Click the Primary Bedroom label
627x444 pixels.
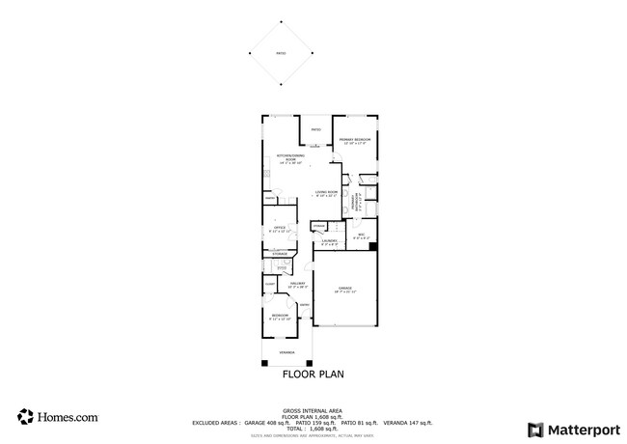click(x=354, y=141)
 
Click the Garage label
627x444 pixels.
click(x=344, y=290)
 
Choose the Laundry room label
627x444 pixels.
click(x=329, y=241)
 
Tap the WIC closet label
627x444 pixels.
click(x=361, y=236)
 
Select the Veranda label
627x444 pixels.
click(x=287, y=353)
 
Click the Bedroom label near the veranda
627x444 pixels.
click(x=280, y=317)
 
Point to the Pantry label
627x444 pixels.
click(x=271, y=199)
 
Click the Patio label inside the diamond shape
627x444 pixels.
click(x=282, y=54)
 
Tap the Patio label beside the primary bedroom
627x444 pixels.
click(x=315, y=129)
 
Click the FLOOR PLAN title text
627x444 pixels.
click(x=313, y=374)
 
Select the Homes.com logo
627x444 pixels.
click(x=58, y=418)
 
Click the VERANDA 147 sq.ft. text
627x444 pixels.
click(x=407, y=423)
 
